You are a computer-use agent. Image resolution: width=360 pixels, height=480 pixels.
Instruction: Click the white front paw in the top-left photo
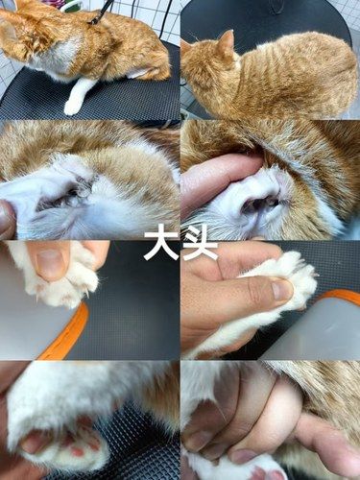(x=77, y=97)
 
